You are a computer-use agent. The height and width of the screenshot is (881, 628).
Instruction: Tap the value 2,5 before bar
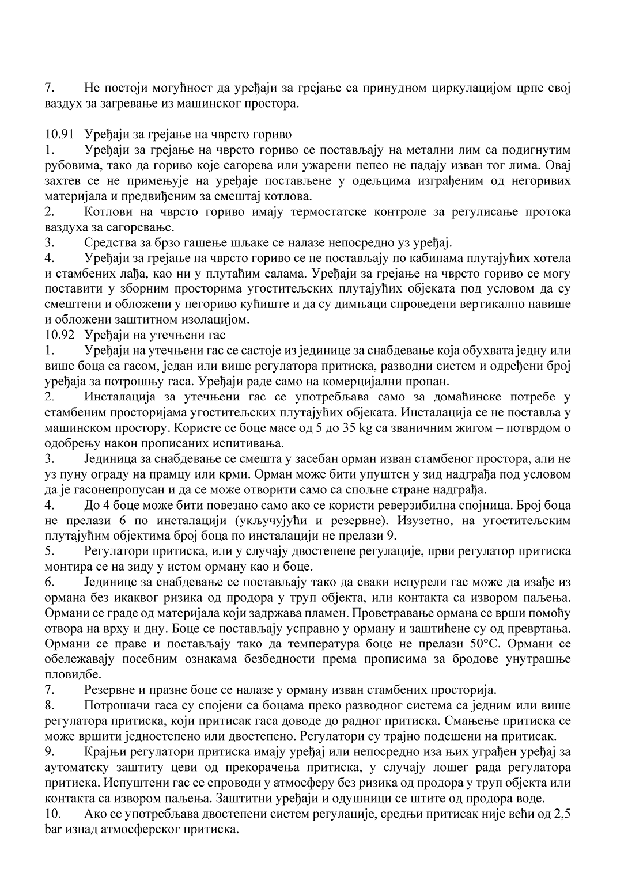tap(562, 815)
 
